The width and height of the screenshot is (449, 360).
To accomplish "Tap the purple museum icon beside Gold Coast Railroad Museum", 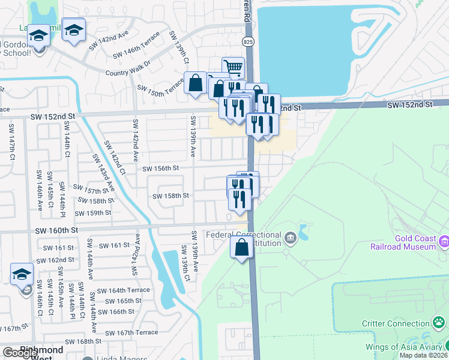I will coord(444,242).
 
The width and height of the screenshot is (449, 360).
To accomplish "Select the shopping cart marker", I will coord(233,67).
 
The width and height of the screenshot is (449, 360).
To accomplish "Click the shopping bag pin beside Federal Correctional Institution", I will coord(241,248).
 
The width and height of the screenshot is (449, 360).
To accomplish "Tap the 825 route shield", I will coord(249,41).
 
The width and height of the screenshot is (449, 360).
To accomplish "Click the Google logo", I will coord(19,353).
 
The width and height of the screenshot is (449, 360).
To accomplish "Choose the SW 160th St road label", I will coord(56,230).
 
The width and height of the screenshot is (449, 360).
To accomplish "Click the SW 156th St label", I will coord(161,169).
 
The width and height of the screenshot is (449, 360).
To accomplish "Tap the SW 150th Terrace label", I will coord(160,88).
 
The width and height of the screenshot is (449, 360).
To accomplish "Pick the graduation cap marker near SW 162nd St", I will coord(22,274).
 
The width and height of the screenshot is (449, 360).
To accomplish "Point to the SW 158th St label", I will coord(170,196).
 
